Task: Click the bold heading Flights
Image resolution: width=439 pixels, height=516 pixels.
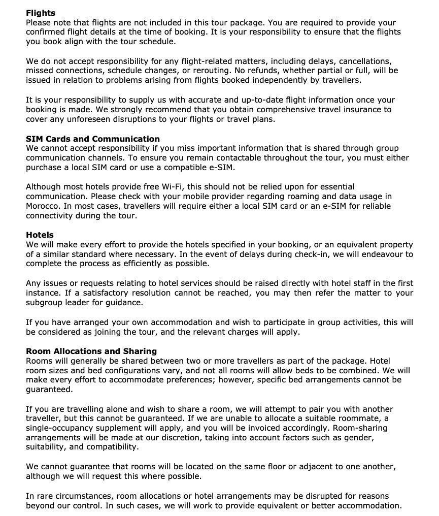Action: [x=41, y=13]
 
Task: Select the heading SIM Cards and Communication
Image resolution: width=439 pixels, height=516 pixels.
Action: [x=93, y=139]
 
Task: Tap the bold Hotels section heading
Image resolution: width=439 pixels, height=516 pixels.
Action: [x=40, y=235]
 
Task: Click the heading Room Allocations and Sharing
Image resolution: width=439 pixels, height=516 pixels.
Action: [x=91, y=351]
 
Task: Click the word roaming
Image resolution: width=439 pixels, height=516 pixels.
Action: [x=287, y=196]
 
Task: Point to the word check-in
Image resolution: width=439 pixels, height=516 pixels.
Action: [x=294, y=254]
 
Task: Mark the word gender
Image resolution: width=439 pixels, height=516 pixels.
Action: [x=358, y=438]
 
